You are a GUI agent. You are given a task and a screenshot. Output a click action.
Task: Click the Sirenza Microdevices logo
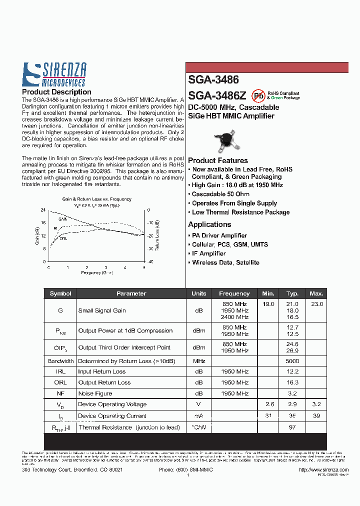pos(54,75)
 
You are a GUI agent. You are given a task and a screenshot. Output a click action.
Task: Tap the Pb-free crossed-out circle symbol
pos(258,95)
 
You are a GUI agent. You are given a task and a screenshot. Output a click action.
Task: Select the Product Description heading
pos(56,92)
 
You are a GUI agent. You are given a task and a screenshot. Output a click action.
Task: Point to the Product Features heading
pos(218,160)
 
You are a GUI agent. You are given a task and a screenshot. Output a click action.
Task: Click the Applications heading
pos(209,224)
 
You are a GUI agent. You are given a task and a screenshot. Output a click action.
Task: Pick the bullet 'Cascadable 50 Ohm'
pos(220,194)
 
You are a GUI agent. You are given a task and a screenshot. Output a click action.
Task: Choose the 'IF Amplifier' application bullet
pos(209,253)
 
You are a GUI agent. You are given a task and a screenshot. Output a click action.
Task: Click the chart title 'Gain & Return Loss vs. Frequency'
pos(96,199)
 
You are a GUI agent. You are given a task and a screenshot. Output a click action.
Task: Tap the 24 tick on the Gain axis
pos(43,210)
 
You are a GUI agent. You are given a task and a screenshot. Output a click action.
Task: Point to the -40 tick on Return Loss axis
pos(150,261)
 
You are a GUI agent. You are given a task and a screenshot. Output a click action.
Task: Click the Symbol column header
pos(60,293)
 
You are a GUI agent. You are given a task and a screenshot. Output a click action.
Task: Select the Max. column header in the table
pos(316,293)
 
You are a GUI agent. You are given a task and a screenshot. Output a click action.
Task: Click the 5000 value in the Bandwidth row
pos(292,360)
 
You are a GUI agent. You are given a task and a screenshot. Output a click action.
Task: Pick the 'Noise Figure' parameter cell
pos(95,393)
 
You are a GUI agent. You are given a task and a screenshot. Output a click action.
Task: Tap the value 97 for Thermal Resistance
pos(292,427)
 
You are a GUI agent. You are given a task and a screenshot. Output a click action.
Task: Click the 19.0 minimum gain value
pos(268,304)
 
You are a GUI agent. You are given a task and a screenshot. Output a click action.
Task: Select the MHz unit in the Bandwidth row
pos(198,360)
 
